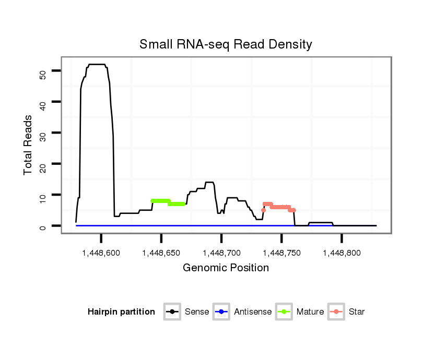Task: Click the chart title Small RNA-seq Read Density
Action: [226, 44]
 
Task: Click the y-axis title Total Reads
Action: [28, 145]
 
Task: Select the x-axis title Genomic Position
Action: [226, 268]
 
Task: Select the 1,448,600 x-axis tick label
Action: [101, 253]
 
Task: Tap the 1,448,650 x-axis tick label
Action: [161, 253]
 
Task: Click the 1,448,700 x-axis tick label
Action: [221, 253]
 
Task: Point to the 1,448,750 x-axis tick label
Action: [281, 253]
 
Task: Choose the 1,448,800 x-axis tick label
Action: [342, 253]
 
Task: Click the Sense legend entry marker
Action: [172, 312]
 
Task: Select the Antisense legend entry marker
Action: [221, 312]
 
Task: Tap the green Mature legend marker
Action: [284, 312]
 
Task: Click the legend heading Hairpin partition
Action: [121, 312]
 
